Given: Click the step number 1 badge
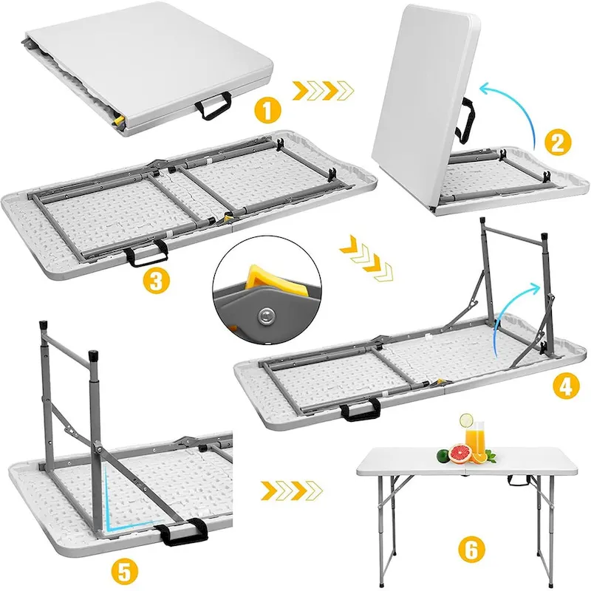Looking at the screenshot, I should coord(267,112).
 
